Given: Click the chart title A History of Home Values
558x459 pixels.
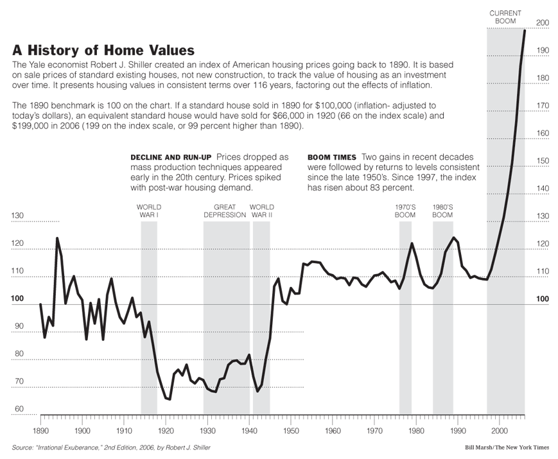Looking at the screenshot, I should [x=103, y=50].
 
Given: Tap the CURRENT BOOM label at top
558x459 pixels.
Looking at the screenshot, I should [x=506, y=17].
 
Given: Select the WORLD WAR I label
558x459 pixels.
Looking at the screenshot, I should [x=149, y=211].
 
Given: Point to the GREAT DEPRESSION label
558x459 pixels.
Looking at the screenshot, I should [x=225, y=211].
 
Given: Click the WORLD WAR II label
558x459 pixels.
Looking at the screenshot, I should [x=261, y=211].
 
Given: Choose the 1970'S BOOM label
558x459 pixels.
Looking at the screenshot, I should [x=405, y=211].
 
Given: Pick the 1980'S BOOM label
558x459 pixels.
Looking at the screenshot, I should [x=442, y=211].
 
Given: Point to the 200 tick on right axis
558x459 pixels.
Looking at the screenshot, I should [x=543, y=23].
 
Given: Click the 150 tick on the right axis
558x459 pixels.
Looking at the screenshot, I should [x=543, y=160].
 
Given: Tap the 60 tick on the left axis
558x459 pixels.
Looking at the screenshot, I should [x=19, y=409].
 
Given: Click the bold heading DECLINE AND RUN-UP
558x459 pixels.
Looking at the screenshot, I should [x=171, y=157].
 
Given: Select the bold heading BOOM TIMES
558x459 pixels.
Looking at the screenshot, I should [x=332, y=157].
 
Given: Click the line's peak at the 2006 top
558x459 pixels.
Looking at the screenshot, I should [x=525, y=30].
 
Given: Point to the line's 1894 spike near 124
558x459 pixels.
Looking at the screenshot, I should [x=57, y=238].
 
